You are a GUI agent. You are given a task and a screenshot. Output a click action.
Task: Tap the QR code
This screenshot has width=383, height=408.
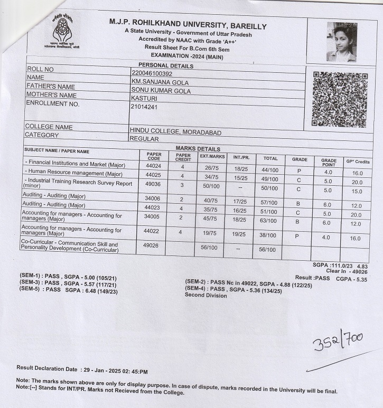[339, 99]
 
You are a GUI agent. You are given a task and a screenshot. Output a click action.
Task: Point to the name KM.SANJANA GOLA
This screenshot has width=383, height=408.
[160, 82]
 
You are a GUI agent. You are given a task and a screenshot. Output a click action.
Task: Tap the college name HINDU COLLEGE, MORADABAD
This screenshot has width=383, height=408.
[175, 132]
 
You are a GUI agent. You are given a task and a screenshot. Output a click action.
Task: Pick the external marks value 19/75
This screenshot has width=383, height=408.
[211, 235]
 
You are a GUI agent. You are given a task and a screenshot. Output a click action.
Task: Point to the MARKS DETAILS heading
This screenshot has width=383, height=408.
[198, 149]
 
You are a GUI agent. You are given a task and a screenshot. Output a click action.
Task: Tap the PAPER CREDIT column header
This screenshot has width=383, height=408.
[182, 157]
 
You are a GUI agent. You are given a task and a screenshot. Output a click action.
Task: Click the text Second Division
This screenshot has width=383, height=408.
[205, 295]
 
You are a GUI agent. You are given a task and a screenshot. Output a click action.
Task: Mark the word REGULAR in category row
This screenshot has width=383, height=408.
[144, 139]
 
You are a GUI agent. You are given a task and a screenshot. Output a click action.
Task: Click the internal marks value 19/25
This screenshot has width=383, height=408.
[240, 235]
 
